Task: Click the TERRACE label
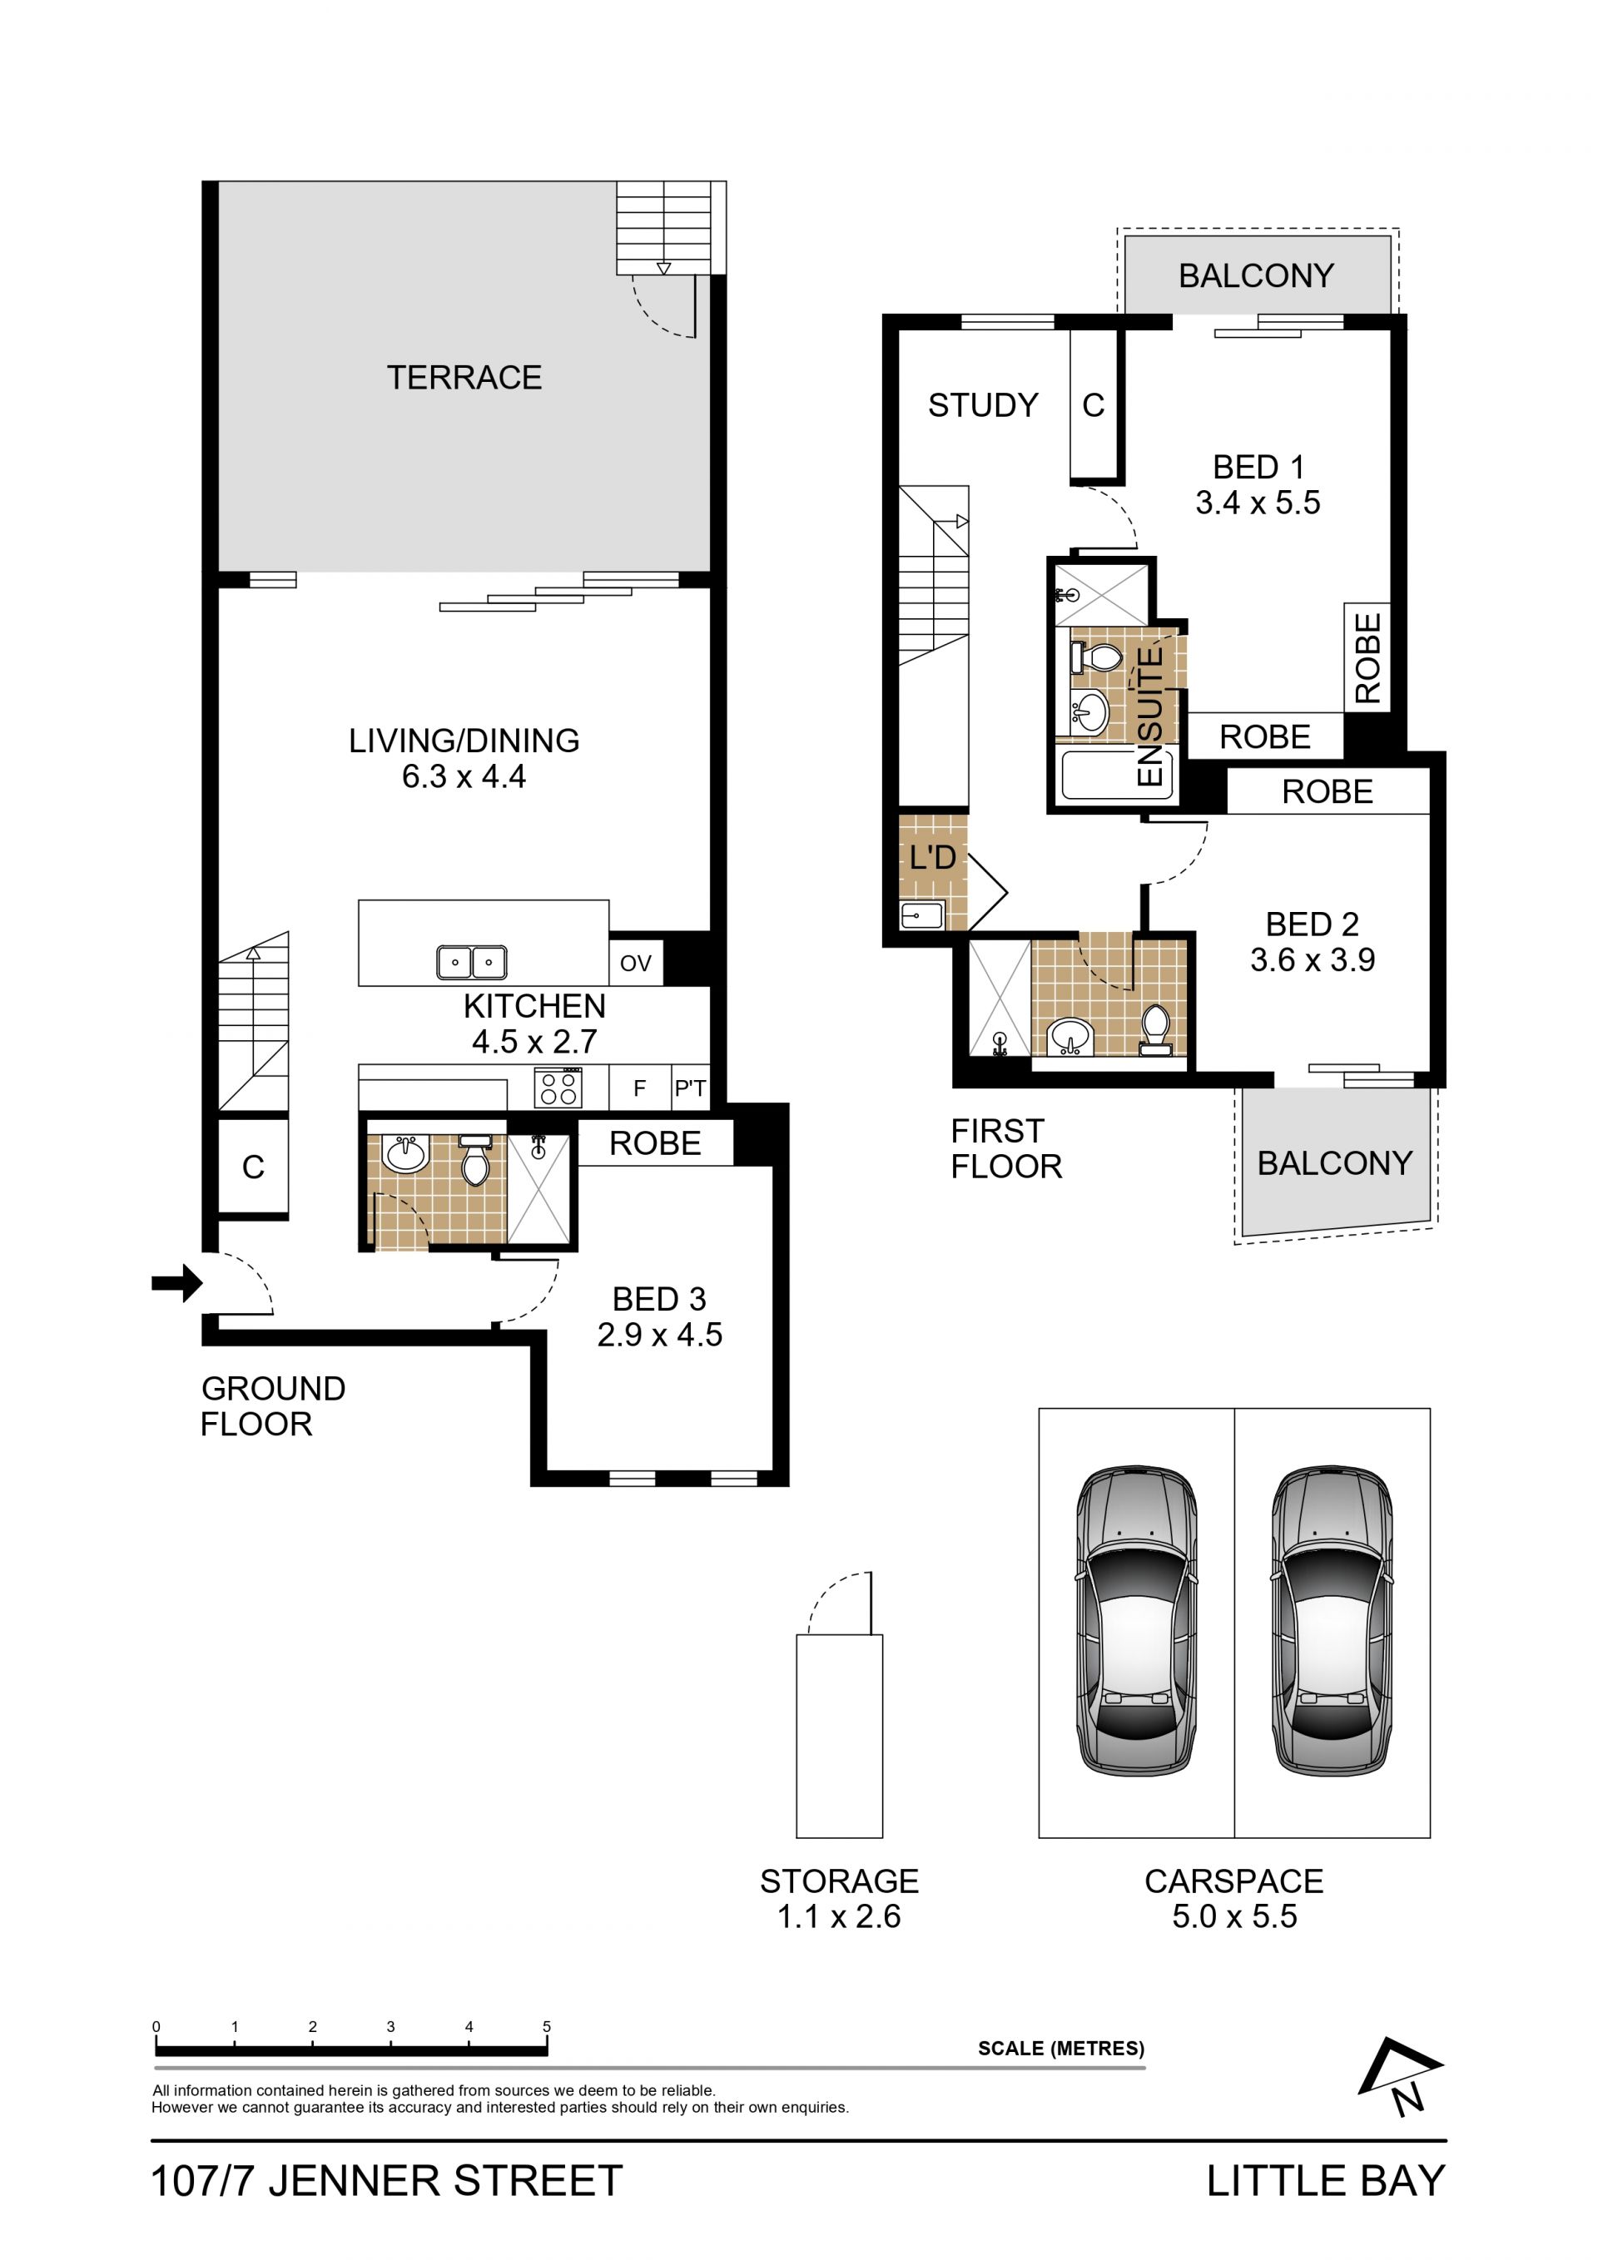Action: [x=464, y=377]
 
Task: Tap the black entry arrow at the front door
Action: [x=177, y=1282]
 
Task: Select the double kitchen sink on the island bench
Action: [x=472, y=962]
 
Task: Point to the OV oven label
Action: [x=636, y=963]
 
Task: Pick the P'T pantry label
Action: [x=690, y=1088]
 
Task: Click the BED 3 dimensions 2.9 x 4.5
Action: [x=660, y=1335]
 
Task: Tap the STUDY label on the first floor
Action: [x=983, y=404]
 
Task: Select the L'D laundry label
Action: [x=932, y=856]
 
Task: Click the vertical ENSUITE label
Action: [x=1149, y=715]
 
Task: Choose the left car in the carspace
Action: [x=1136, y=1620]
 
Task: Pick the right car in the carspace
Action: [x=1332, y=1620]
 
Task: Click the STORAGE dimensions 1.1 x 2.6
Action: [x=839, y=1916]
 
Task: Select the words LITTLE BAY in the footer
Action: [x=1325, y=2180]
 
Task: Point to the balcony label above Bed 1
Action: [x=1257, y=275]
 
